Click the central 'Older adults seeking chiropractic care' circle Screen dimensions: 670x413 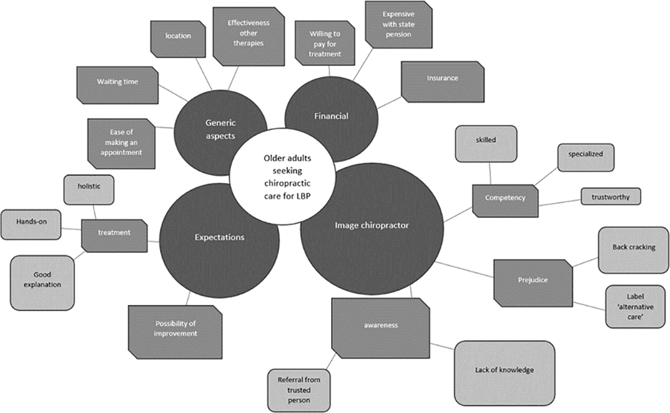coord(283,177)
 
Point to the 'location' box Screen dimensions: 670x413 coord(178,39)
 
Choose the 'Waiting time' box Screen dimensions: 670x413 coord(118,85)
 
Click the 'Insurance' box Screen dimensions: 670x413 coord(443,82)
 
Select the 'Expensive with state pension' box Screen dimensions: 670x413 coord(399,24)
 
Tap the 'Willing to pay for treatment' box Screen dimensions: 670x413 coord(325,43)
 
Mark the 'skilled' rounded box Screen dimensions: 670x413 coord(486,144)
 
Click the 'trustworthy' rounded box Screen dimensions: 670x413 coord(611,197)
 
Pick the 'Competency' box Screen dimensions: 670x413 coord(505,201)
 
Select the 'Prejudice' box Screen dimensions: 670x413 coord(533,283)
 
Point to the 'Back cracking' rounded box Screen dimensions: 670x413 coord(634,250)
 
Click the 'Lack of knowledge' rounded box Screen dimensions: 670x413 coord(505,373)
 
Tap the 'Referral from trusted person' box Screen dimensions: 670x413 coord(299,390)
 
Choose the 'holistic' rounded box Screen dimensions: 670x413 coord(89,190)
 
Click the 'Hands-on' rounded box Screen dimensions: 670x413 coord(31,225)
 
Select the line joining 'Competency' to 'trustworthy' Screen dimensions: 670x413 coord(559,203)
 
